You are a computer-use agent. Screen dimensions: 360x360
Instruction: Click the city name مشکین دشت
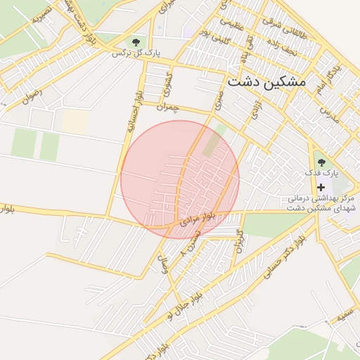[267, 82]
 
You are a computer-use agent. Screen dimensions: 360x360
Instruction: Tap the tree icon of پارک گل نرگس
[136, 42]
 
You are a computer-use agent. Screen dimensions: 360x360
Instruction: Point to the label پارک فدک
[321, 172]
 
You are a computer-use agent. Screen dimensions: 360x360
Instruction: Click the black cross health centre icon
[321, 187]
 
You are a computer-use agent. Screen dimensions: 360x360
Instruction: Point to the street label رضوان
[32, 96]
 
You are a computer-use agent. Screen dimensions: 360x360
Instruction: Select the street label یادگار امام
[336, 77]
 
